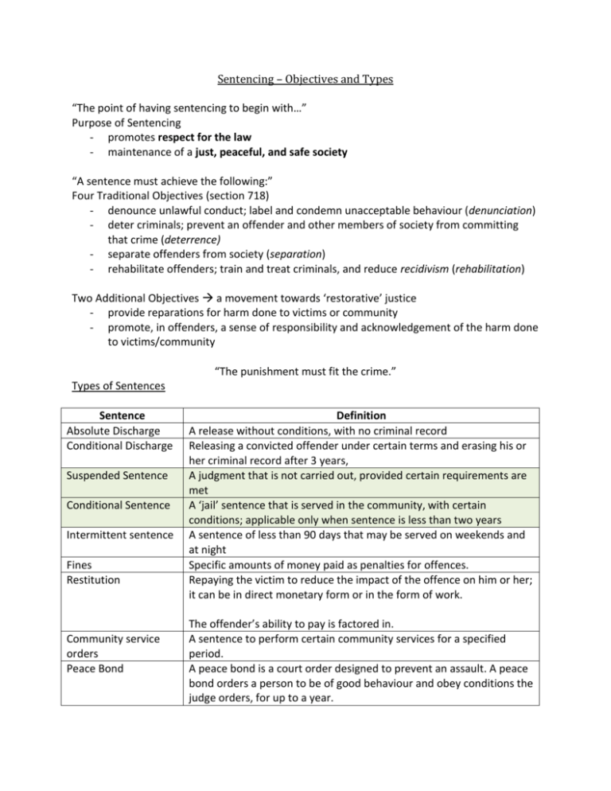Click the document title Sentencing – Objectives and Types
305,80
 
